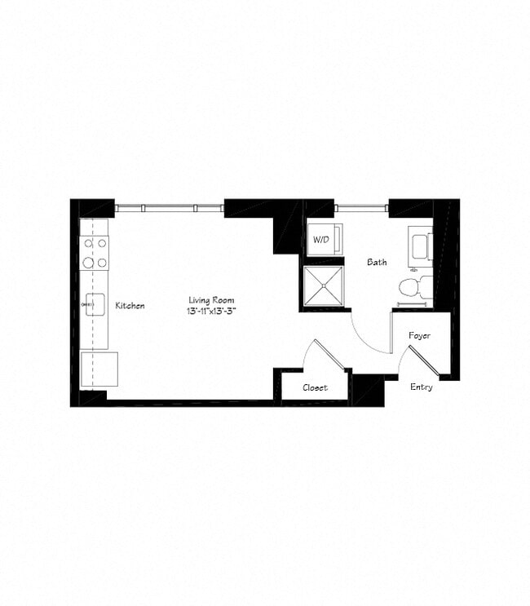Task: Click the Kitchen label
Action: pos(130,306)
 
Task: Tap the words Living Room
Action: pos(211,300)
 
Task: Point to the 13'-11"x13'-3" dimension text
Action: pos(211,312)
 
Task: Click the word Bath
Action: pos(377,262)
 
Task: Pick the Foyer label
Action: pos(420,335)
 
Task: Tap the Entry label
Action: pos(422,387)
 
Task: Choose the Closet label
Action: pos(315,387)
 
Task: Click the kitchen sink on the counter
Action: pos(95,304)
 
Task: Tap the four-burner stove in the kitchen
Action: pos(95,253)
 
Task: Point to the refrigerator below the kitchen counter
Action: pos(99,369)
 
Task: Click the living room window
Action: pos(169,208)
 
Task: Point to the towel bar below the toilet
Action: pos(412,304)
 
